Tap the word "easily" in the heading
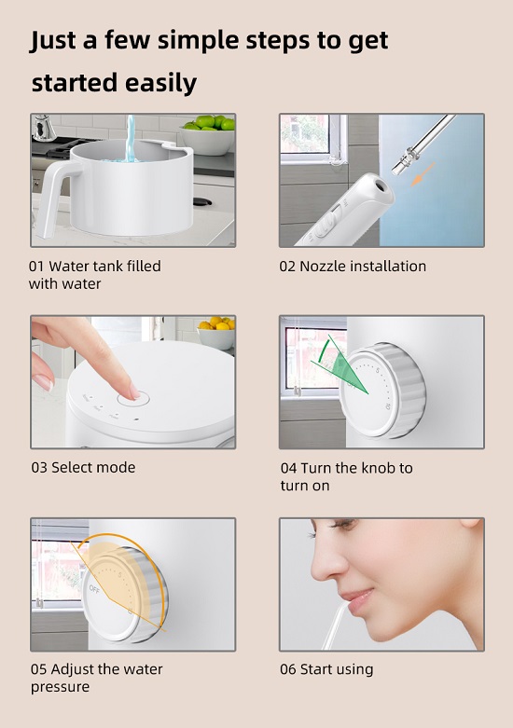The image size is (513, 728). click(x=160, y=84)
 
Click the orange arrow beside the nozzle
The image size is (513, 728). click(x=423, y=174)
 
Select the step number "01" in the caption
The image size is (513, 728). click(x=36, y=267)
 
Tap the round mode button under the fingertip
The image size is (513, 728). click(x=133, y=398)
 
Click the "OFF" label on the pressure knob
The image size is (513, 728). click(x=94, y=589)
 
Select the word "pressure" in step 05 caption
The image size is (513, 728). click(x=60, y=687)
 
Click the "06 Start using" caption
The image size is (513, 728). click(x=326, y=669)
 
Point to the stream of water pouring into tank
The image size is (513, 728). click(x=131, y=138)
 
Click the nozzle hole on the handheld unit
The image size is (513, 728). click(x=381, y=185)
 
